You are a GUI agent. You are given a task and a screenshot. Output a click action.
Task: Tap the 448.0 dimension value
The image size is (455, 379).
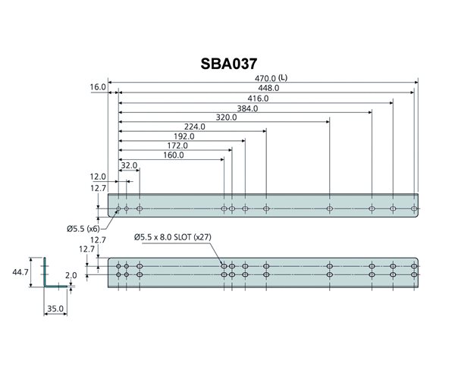coord(268,88)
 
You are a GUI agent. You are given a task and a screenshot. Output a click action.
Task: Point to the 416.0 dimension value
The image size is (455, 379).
coord(259,99)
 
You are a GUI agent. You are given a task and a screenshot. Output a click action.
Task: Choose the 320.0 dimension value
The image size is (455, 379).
coord(226,117)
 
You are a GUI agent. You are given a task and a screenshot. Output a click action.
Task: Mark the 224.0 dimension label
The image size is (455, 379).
coord(195,127)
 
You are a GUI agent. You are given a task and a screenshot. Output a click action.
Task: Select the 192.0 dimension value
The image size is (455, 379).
coord(184,136)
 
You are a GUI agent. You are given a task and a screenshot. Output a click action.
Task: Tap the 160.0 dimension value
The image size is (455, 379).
coord(173,155)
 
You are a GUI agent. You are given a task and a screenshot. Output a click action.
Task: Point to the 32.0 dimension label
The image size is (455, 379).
coord(129,165)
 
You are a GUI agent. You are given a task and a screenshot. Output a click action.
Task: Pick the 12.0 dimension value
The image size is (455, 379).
coord(99,177)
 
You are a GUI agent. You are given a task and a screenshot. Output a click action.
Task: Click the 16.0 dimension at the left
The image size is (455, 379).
coord(97,88)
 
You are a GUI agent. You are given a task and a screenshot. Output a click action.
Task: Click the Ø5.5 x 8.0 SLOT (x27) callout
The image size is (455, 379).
coord(172,237)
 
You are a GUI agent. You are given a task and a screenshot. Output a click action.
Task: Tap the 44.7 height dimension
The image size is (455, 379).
coord(20,272)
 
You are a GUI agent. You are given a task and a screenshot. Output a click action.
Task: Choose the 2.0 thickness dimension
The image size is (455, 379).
coord(71,276)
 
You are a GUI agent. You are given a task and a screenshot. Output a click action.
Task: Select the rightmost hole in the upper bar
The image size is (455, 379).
coord(414,208)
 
